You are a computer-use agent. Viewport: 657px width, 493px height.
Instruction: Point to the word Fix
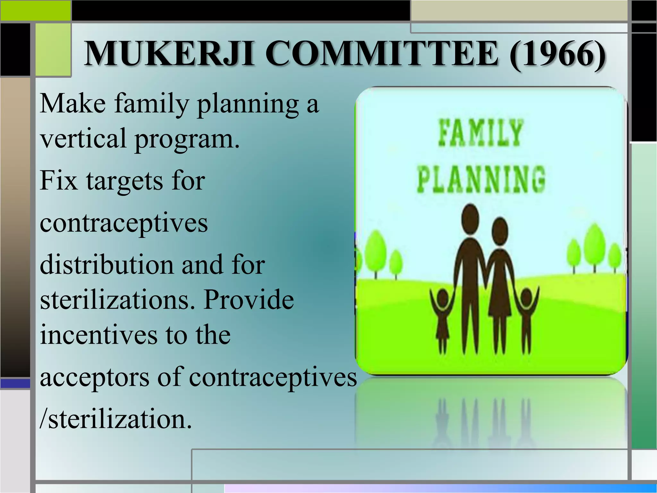[59, 180]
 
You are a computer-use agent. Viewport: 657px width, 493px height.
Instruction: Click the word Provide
[249, 299]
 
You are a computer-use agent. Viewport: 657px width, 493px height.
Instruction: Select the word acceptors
[95, 377]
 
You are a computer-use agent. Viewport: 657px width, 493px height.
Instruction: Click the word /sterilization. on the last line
[115, 419]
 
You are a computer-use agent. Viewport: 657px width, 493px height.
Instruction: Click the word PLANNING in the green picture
[481, 179]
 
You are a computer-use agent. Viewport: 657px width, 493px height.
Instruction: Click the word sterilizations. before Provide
[117, 299]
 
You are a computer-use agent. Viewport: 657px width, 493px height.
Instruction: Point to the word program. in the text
[187, 139]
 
